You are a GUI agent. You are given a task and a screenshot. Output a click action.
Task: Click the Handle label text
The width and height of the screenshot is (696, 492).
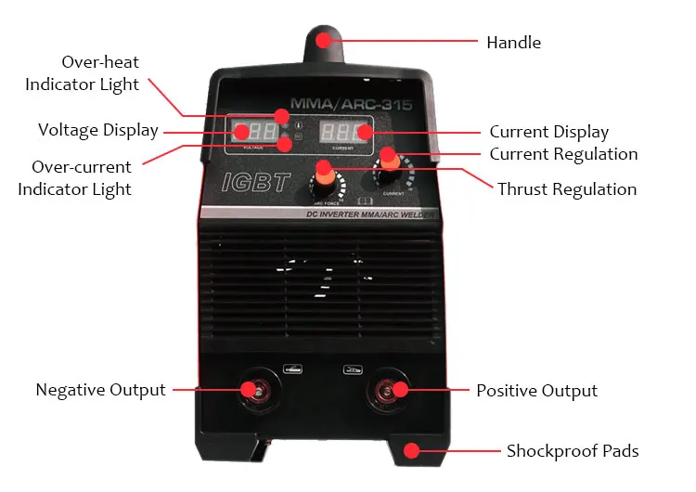pos(513,43)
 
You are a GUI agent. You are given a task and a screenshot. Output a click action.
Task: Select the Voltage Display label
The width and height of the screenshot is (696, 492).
pos(97,130)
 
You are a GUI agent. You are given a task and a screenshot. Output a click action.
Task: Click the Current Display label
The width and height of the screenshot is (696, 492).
pos(549,132)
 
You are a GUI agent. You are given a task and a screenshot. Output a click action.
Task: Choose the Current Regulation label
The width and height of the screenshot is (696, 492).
pos(563,154)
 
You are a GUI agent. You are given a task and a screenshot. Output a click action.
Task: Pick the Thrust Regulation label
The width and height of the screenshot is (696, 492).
pos(567,189)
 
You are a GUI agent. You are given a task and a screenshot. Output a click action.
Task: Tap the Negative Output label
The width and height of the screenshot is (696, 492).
pos(100,390)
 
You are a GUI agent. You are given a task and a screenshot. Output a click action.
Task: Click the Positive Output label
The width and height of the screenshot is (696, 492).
pos(536,391)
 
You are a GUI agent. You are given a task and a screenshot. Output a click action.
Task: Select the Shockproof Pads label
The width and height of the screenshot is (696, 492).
pos(573,452)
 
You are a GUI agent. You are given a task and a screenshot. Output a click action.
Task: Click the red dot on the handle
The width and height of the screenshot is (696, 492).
pos(322,40)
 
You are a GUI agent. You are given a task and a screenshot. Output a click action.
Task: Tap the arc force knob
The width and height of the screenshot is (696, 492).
pos(325,172)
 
